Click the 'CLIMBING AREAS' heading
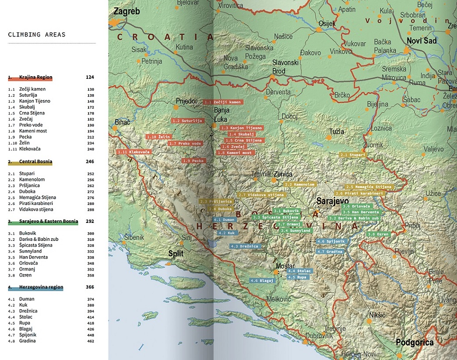pyautogui.click(x=37, y=35)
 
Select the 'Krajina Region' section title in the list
pyautogui.click(x=36, y=77)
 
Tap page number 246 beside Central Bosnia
pyautogui.click(x=90, y=162)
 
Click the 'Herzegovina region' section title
pyautogui.click(x=41, y=287)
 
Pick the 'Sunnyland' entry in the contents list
pyautogui.click(x=30, y=251)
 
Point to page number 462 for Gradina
pyautogui.click(x=90, y=341)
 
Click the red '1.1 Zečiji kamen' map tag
pyautogui.click(x=223, y=102)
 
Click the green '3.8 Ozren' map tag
pyautogui.click(x=379, y=234)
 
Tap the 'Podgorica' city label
pyautogui.click(x=414, y=342)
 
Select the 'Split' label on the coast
pyautogui.click(x=175, y=253)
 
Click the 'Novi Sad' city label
pyautogui.click(x=421, y=41)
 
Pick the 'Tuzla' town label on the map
pyautogui.click(x=336, y=132)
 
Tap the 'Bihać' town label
pyautogui.click(x=122, y=122)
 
